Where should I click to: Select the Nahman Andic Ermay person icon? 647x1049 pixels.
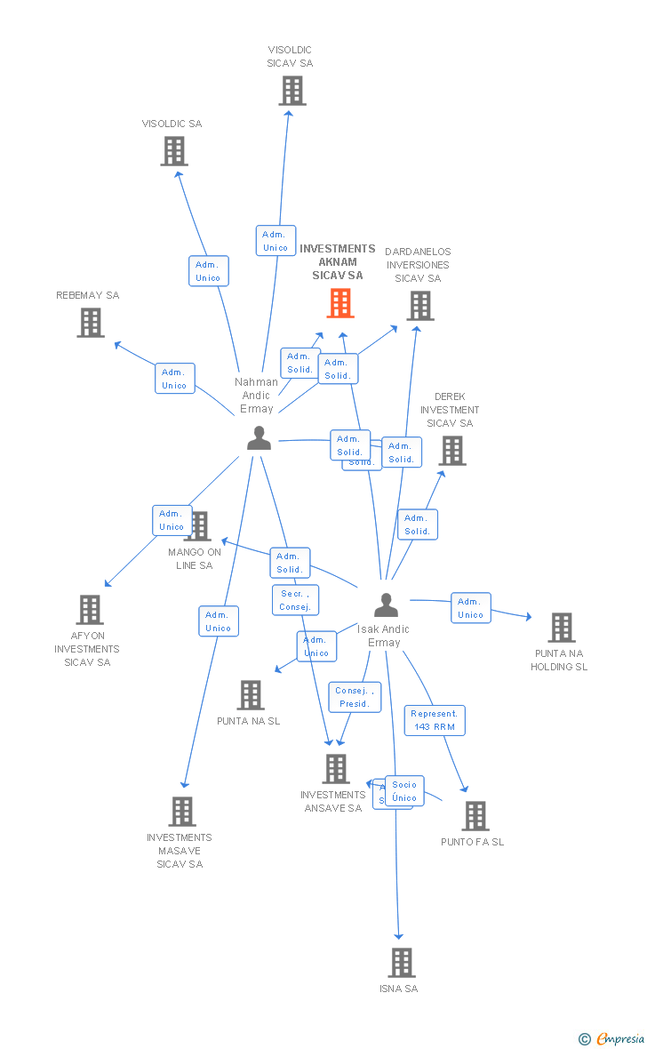tap(259, 438)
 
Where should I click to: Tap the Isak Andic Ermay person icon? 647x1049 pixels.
tap(386, 605)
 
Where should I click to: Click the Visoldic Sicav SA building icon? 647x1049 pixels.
tap(292, 91)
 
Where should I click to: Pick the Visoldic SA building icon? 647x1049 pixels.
tap(174, 151)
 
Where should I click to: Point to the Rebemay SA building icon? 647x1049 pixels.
tap(91, 323)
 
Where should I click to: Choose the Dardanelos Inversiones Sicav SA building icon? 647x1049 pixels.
tap(419, 306)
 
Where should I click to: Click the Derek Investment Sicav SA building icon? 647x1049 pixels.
tap(452, 451)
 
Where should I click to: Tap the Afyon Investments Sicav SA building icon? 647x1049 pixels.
tap(90, 610)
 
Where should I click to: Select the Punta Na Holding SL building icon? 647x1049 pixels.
tap(561, 628)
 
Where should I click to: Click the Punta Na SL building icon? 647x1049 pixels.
tap(251, 695)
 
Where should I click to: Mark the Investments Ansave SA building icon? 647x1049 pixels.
tap(335, 769)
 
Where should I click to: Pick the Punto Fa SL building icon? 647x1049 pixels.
tap(475, 816)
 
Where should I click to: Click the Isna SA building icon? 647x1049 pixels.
tap(401, 963)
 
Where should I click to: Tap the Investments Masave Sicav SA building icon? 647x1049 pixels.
tap(182, 812)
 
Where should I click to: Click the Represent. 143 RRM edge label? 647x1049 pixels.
tap(435, 720)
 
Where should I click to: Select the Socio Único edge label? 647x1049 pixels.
tap(404, 790)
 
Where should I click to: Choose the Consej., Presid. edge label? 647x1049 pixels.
tap(355, 697)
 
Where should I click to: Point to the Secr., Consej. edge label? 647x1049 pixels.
tap(295, 600)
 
